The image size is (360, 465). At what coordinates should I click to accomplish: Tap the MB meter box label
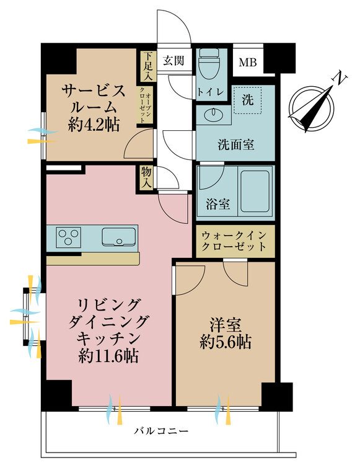[x=248, y=61]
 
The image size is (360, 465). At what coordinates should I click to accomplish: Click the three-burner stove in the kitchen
[x=69, y=237]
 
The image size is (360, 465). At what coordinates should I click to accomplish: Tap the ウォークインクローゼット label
[x=234, y=241]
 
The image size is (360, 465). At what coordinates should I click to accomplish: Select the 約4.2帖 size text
[x=94, y=125]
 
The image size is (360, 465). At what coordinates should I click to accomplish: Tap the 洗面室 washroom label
[x=235, y=144]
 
